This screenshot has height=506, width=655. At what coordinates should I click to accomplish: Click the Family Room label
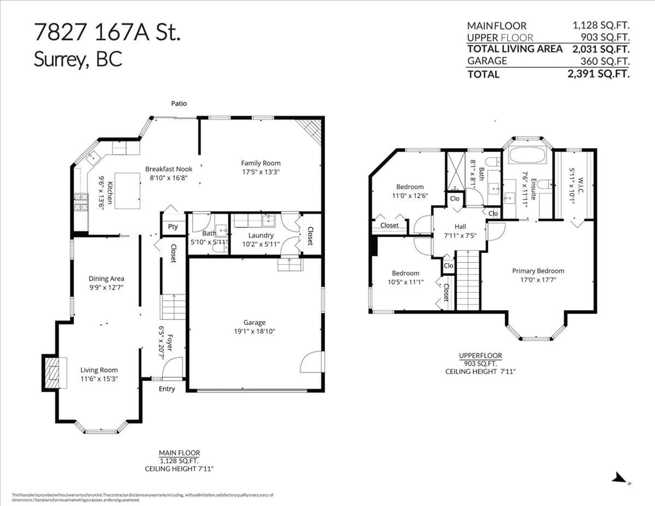coord(261,163)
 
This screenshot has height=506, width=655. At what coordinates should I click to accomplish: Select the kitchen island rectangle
coord(127,191)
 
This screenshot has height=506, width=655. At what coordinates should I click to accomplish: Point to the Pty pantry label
coord(173,227)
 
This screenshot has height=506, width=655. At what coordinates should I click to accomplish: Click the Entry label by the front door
coord(167,389)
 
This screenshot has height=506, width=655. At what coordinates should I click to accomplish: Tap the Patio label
coord(179,104)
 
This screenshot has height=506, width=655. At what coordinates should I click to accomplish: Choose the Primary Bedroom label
coord(538,271)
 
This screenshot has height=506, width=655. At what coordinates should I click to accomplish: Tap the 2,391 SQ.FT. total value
coord(598,74)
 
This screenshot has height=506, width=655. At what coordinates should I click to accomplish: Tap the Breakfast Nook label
coord(169,169)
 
